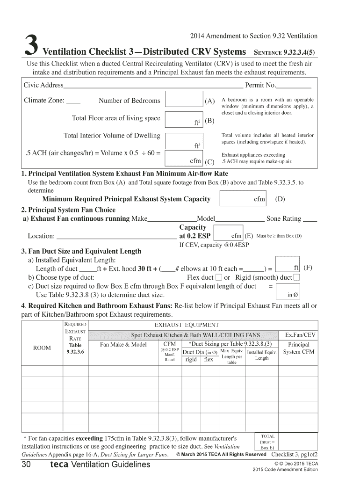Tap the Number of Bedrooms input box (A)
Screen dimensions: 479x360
[x=184, y=100]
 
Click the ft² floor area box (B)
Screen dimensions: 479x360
[x=184, y=119]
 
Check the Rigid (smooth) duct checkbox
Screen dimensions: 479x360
[x=296, y=278]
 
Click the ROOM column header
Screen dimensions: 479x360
[x=43, y=348]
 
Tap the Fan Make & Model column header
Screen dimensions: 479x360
[x=123, y=345]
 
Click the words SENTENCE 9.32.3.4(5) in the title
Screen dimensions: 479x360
[x=285, y=52]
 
